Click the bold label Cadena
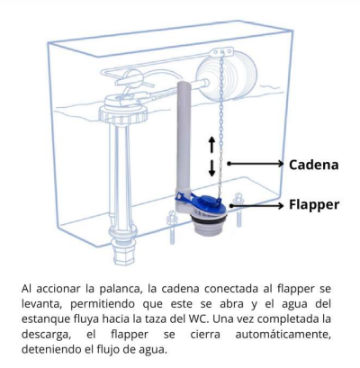point(314,165)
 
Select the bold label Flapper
point(314,205)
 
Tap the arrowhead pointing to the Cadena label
point(280,164)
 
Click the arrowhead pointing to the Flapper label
point(280,205)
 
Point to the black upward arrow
point(211,144)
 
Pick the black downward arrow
point(211,168)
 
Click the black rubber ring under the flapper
point(209,220)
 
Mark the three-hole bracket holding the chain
point(222,51)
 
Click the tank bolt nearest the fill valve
point(172,228)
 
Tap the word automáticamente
point(283,334)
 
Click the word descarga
point(45,335)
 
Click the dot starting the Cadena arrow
point(229,164)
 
